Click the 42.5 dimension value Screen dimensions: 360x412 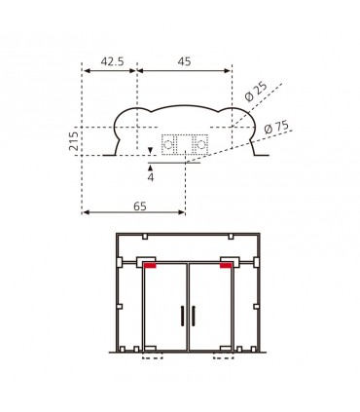click(112, 61)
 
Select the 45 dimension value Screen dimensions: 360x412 click(184, 61)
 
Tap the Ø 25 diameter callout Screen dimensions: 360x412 click(256, 92)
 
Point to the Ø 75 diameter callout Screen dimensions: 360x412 click(276, 128)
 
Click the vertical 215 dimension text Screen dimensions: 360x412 click(74, 140)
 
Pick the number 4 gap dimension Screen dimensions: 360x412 click(151, 177)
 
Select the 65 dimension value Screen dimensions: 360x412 click(140, 206)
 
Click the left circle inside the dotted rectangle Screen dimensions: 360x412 click(168, 144)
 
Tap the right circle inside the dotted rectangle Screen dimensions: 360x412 click(201, 144)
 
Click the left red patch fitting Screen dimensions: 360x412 click(150, 266)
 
